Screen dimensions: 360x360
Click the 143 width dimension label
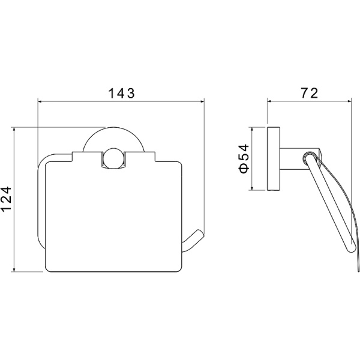pyautogui.click(x=121, y=94)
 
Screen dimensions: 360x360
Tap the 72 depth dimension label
pyautogui.click(x=310, y=93)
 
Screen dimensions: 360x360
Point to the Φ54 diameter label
pyautogui.click(x=244, y=158)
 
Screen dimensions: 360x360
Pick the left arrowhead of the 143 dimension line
pyautogui.click(x=40, y=101)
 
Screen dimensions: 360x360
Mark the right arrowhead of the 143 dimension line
pyautogui.click(x=202, y=101)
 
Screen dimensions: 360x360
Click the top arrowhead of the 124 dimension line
pyautogui.click(x=14, y=129)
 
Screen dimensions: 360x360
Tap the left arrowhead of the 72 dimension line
pyautogui.click(x=269, y=101)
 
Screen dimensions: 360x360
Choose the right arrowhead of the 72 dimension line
pyautogui.click(x=349, y=101)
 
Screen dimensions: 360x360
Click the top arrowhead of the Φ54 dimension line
pyautogui.click(x=252, y=129)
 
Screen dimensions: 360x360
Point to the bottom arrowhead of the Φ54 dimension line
pyautogui.click(x=252, y=188)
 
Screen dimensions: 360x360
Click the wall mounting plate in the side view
pyautogui.click(x=274, y=158)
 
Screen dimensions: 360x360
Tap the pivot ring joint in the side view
pyautogui.click(x=309, y=158)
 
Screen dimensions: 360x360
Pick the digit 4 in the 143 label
pyautogui.click(x=121, y=94)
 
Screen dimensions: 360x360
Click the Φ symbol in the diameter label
pyautogui.click(x=244, y=168)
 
